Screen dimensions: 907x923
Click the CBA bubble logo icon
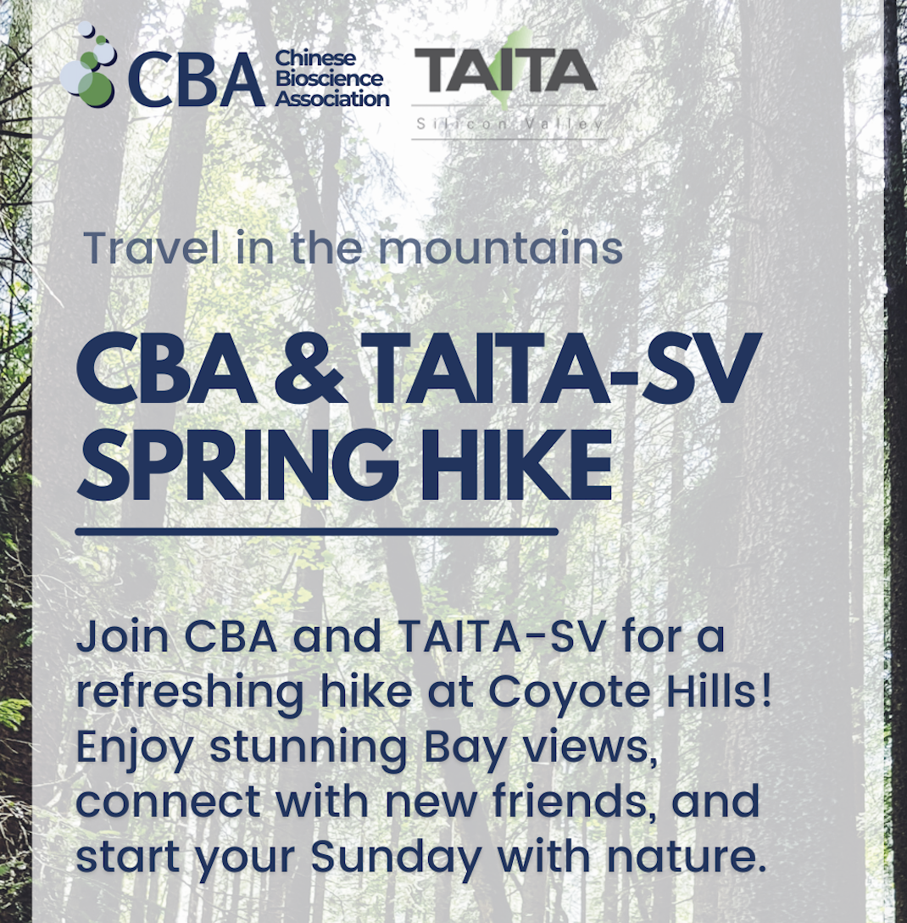[x=88, y=66]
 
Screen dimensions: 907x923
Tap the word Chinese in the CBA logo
[x=315, y=59]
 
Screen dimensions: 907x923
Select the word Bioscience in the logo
[x=330, y=78]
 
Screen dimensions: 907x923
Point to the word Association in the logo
[x=332, y=98]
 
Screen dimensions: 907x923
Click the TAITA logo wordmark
[x=506, y=70]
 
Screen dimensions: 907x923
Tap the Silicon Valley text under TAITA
[x=509, y=124]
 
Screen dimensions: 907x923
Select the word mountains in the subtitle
[x=500, y=249]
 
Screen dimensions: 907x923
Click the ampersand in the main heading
[x=310, y=369]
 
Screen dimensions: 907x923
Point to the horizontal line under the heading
[x=317, y=532]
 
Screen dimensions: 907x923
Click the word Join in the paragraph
[x=123, y=638]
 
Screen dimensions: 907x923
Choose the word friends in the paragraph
[x=567, y=800]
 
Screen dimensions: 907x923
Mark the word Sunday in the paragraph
[x=397, y=857]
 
